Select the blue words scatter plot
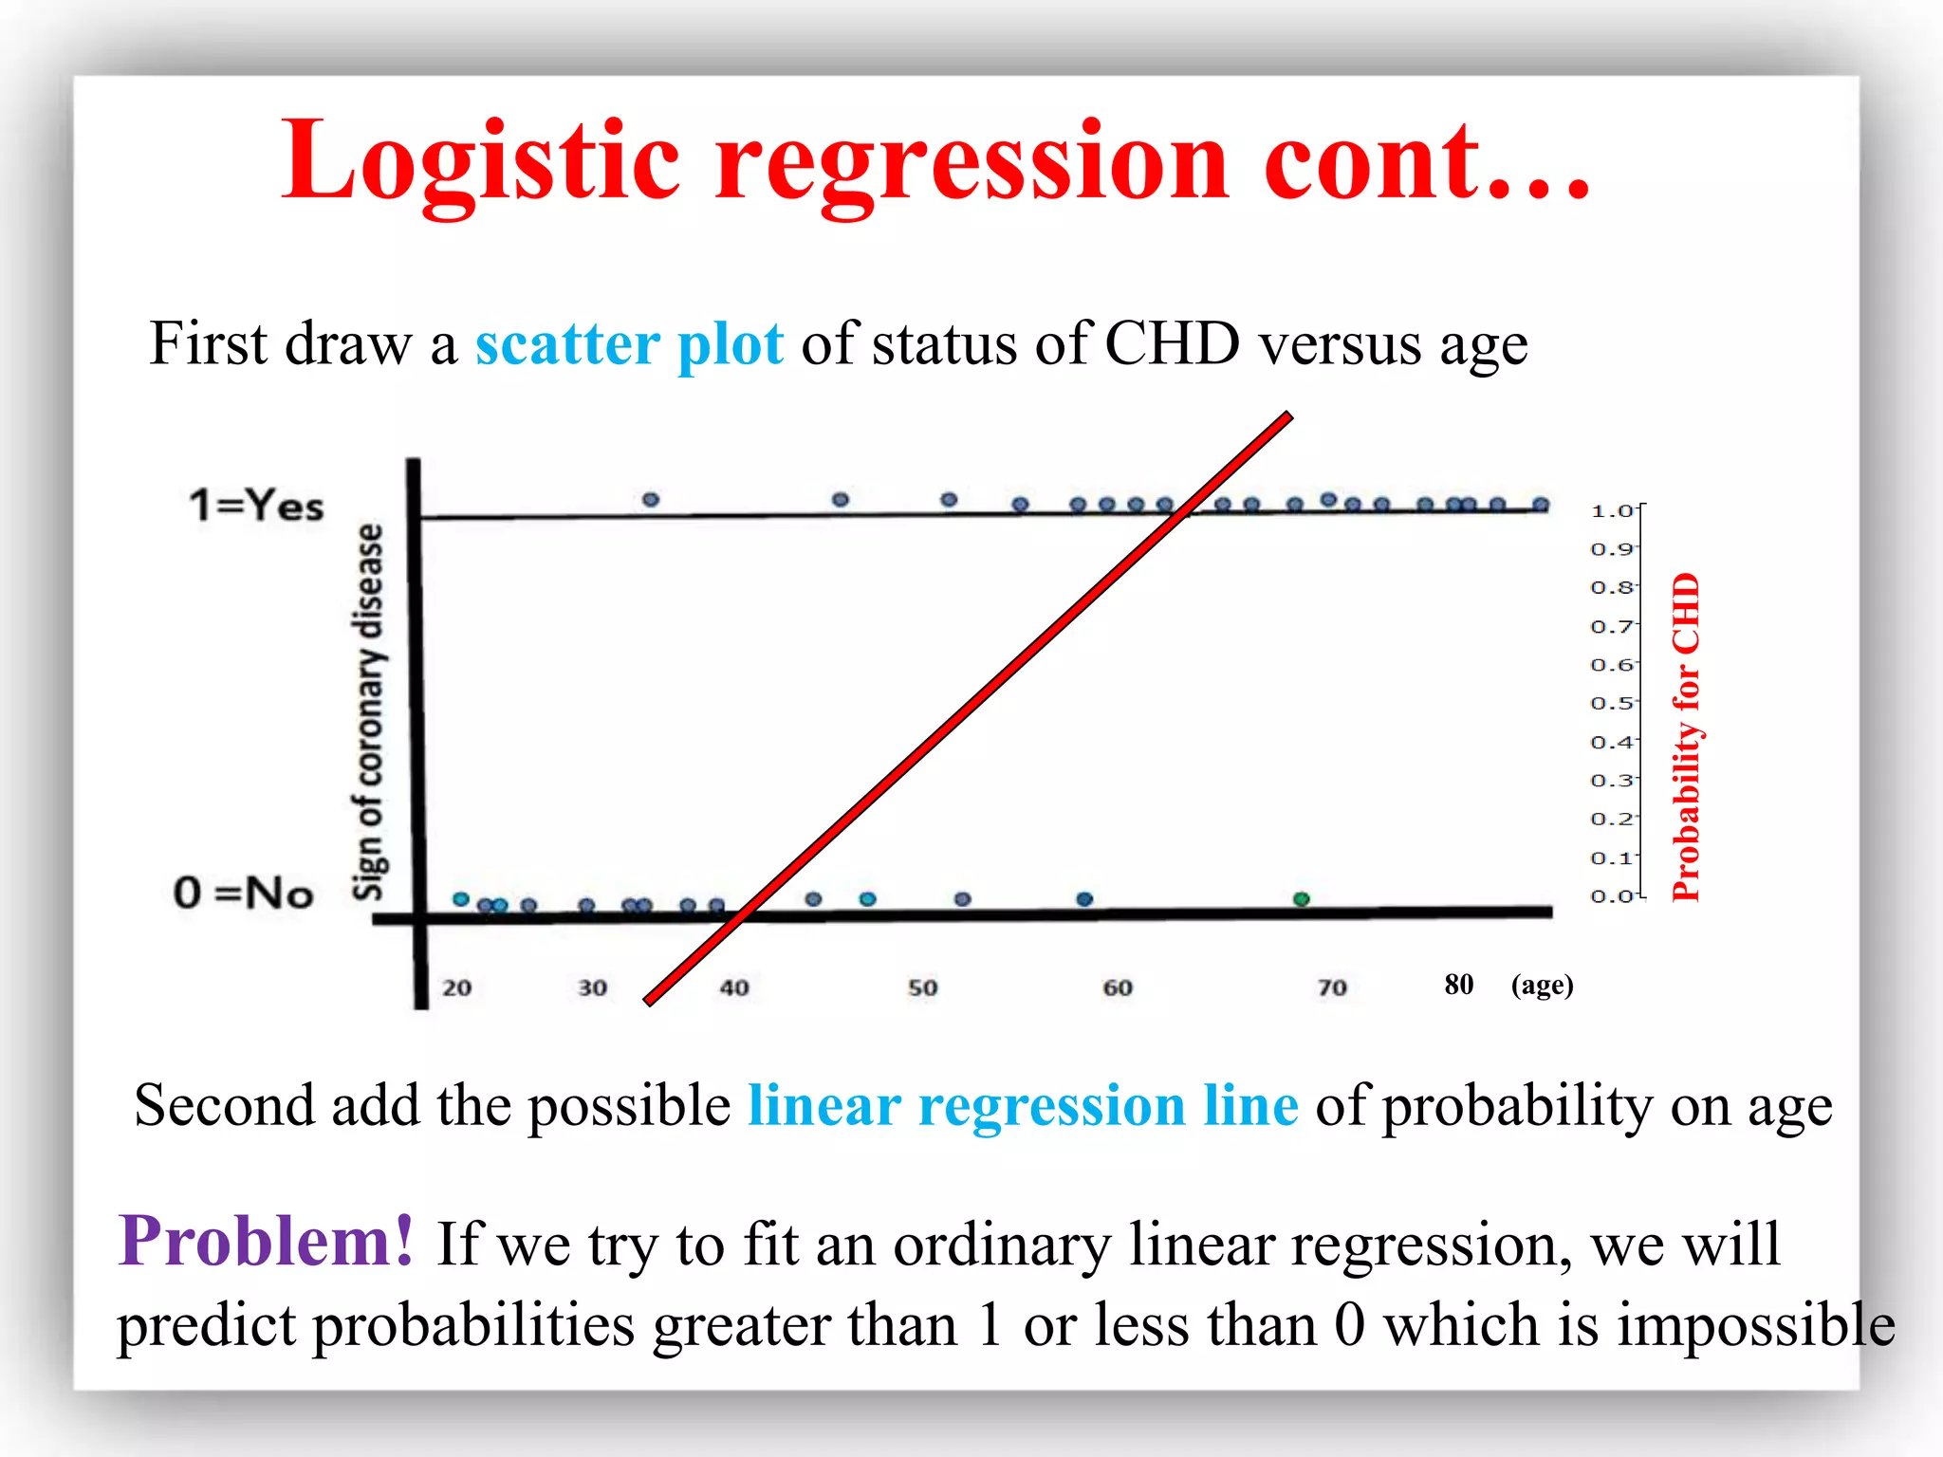[x=629, y=343]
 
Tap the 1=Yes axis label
[x=256, y=505]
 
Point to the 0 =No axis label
[x=244, y=893]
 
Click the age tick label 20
[x=456, y=987]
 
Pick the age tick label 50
[x=922, y=987]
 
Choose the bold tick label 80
[x=1458, y=984]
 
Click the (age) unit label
[x=1542, y=985]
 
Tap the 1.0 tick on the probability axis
[x=1611, y=510]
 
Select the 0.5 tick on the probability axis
[x=1611, y=703]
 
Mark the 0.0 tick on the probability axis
[x=1611, y=895]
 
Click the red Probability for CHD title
[x=1686, y=737]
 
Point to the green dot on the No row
[x=1302, y=898]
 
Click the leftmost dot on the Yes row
[x=651, y=499]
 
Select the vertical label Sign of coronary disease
[x=369, y=711]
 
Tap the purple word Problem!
[x=267, y=1241]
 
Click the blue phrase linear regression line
[x=1023, y=1106]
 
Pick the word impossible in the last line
[x=1755, y=1324]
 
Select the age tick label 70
[x=1332, y=987]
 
